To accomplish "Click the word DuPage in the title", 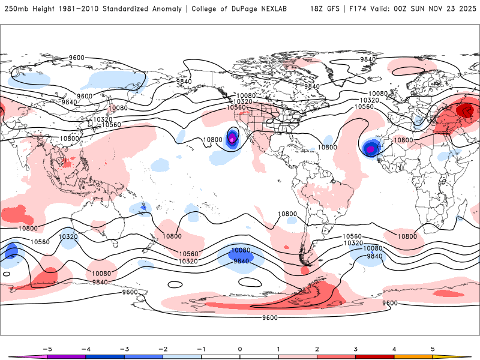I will click(251, 9).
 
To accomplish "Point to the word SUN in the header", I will click(412, 9).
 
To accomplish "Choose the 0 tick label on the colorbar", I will click(239, 348).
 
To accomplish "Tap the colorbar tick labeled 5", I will click(432, 348).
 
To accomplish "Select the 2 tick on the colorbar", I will click(317, 348).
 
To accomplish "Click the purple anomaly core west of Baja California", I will click(233, 139).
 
